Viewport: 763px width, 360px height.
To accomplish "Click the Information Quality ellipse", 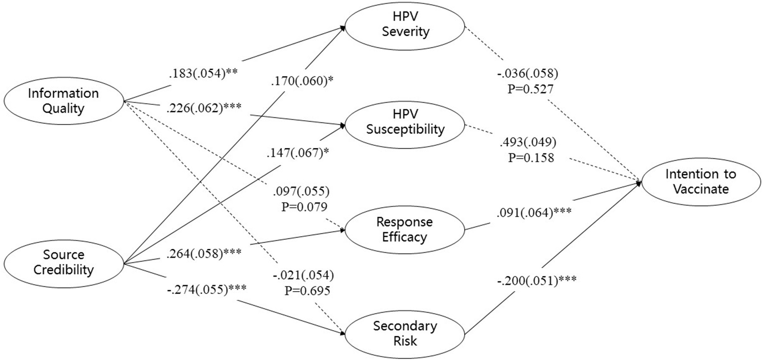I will point(63,101).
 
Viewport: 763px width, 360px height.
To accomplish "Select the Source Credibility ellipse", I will point(63,262).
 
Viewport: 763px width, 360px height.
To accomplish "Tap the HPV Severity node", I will point(405,25).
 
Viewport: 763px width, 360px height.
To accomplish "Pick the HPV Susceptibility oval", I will point(405,122).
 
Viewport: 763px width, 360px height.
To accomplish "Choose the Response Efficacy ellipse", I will point(404,229).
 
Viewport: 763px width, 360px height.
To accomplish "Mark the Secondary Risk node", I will point(405,333).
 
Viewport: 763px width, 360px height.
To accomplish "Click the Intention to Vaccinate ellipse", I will point(701,182).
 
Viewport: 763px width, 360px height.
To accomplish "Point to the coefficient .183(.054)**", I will point(203,74).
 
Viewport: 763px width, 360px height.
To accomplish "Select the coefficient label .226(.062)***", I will point(204,108).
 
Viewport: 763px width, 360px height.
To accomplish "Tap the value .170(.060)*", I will point(302,81).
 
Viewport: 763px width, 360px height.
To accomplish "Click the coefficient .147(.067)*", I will point(298,153).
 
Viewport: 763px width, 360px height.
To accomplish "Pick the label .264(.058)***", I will point(204,254).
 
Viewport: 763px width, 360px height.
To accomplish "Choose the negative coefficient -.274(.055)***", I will point(206,289).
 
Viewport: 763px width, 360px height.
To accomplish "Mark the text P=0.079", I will point(304,207).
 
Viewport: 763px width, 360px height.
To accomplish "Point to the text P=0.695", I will point(307,291).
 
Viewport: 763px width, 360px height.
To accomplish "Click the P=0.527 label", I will point(530,89).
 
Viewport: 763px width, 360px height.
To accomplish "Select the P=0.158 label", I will point(531,157).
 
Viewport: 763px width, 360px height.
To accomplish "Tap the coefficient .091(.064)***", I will point(534,213).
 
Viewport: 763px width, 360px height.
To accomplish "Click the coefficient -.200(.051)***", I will point(537,281).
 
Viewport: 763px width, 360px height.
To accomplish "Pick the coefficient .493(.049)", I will point(528,142).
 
